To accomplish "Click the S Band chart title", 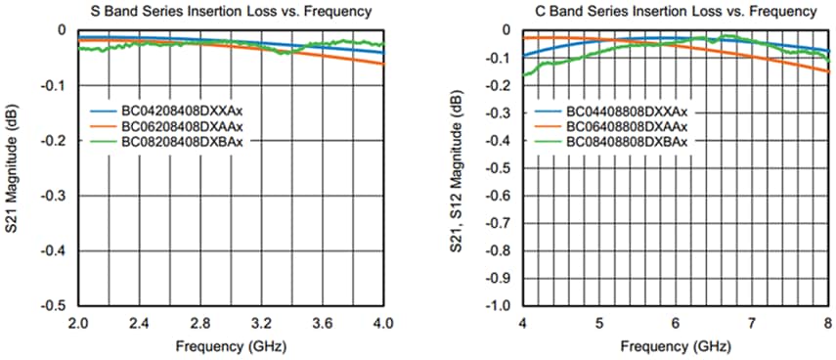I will (232, 12).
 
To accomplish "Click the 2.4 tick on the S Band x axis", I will (140, 323).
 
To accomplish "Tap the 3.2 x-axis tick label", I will (262, 323).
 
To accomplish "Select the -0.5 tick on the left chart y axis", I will (58, 306).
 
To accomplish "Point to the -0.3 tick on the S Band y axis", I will (58, 196).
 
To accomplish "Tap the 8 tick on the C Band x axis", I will (828, 323).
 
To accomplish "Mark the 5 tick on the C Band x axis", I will (599, 323).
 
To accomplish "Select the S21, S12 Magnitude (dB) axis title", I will (458, 166).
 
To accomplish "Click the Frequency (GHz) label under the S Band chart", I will (231, 345).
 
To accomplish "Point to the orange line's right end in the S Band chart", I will (383, 65).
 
